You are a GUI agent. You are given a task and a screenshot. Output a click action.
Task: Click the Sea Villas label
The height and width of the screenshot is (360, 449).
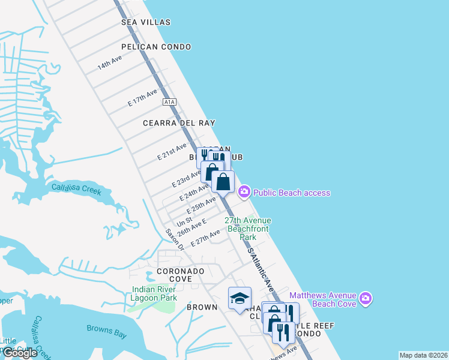click(146, 22)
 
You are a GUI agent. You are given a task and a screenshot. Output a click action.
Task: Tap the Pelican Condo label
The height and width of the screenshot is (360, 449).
click(155, 47)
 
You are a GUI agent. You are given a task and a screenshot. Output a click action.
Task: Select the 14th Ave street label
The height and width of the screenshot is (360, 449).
click(110, 63)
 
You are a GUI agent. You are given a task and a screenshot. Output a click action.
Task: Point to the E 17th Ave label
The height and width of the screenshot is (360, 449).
click(142, 98)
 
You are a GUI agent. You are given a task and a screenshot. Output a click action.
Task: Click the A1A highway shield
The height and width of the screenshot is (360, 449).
click(170, 103)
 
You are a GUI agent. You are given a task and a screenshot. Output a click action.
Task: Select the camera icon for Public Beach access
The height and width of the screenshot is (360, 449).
click(244, 193)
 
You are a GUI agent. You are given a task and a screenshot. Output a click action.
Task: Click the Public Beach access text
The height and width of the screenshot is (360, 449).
click(292, 193)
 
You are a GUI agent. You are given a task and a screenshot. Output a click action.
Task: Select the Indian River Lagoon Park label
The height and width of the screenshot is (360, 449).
click(154, 293)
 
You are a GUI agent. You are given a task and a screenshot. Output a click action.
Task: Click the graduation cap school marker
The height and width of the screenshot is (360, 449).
click(239, 298)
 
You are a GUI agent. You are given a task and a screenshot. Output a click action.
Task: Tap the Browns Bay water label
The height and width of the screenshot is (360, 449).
click(104, 328)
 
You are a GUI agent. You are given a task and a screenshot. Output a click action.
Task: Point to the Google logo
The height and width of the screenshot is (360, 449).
click(20, 353)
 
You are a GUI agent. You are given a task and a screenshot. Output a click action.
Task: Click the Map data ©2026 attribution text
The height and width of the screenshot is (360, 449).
click(423, 355)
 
